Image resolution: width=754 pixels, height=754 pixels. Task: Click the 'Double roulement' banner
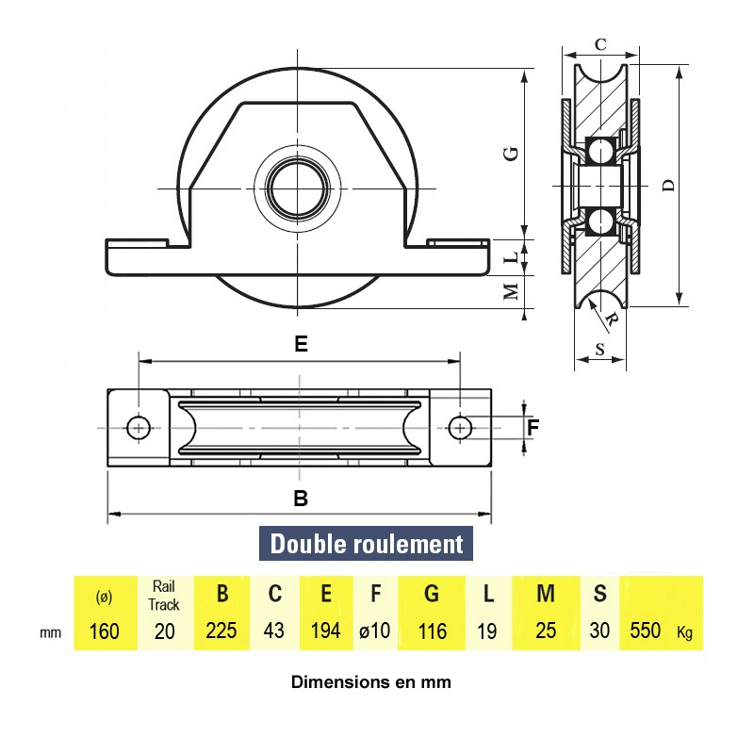(x=367, y=544)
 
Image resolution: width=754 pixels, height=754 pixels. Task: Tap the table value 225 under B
(x=221, y=631)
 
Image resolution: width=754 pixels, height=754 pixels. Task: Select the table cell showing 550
(x=645, y=631)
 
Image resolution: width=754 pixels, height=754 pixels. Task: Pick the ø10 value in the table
(x=374, y=631)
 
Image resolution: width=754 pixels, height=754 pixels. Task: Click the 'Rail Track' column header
(x=164, y=595)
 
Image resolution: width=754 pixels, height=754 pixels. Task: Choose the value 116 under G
(x=432, y=631)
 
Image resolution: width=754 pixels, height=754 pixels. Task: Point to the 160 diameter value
(x=103, y=631)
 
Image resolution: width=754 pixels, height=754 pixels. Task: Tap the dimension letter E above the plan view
(x=300, y=345)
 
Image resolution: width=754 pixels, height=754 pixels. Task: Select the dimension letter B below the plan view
(x=301, y=500)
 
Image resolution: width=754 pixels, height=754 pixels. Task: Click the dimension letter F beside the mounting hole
(x=533, y=427)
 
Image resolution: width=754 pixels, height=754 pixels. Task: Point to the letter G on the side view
(x=511, y=154)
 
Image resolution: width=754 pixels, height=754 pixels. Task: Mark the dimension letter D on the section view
(x=668, y=186)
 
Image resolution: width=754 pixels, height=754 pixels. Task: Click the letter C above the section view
(x=600, y=43)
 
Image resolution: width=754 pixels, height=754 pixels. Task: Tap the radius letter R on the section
(x=612, y=319)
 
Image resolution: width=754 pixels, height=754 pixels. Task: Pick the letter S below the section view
(x=600, y=350)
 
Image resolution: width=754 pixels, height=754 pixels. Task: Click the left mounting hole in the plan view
(x=139, y=428)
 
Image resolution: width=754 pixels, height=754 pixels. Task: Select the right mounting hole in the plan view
(x=460, y=428)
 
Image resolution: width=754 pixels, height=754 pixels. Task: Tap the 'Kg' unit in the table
(x=685, y=632)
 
